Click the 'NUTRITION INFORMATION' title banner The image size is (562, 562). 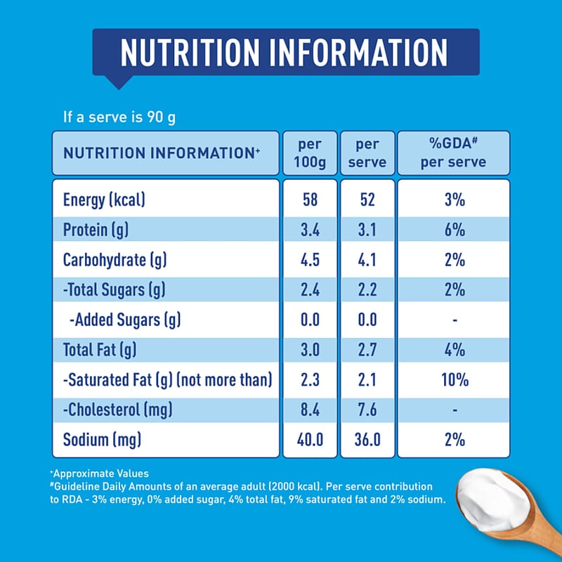(x=285, y=52)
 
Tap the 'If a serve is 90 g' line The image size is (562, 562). (x=119, y=117)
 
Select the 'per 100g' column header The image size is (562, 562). (x=309, y=153)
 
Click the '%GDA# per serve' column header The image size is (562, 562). (x=454, y=153)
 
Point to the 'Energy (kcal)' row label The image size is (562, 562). (x=104, y=200)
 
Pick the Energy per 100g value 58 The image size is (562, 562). (x=309, y=200)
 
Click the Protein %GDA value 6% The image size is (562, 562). (x=455, y=230)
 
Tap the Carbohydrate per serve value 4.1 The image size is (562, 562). (x=367, y=260)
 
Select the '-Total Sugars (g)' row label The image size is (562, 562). (x=114, y=290)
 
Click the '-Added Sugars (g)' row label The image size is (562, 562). (x=125, y=320)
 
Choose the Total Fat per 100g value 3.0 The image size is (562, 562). (x=309, y=350)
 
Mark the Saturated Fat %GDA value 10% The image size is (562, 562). (x=455, y=380)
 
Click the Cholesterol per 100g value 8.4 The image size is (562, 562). (x=309, y=410)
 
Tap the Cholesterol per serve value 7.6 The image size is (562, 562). (x=367, y=410)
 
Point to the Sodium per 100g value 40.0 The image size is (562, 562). (x=309, y=440)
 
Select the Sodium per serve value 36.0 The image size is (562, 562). (x=367, y=440)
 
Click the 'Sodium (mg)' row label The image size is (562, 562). (x=103, y=440)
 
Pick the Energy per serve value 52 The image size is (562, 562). (x=367, y=200)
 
